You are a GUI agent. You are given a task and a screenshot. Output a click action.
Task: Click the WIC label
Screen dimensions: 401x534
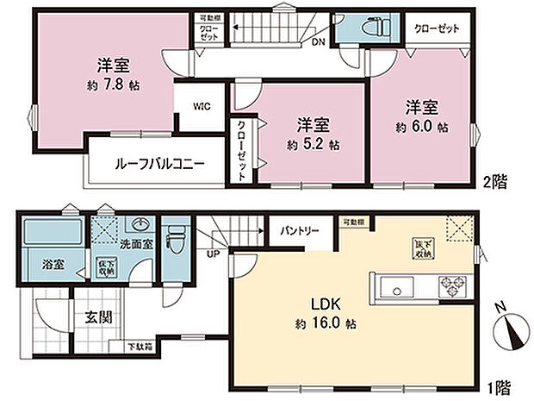tap(202, 108)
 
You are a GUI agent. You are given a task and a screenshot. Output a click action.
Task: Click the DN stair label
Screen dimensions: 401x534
tap(319, 42)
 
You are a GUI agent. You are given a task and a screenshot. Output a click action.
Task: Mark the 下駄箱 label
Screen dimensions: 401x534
tap(141, 348)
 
